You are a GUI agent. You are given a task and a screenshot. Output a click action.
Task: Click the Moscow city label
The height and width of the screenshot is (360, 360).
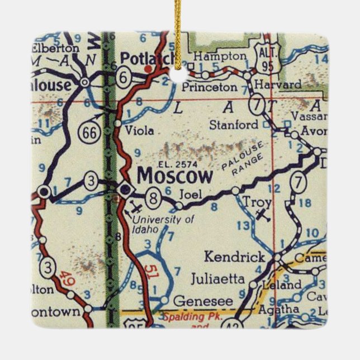tap(175, 177)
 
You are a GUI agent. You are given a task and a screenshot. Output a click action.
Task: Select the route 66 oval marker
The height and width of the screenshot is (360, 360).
tap(88, 132)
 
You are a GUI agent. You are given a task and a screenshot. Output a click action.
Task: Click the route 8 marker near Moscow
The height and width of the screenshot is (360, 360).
tap(151, 197)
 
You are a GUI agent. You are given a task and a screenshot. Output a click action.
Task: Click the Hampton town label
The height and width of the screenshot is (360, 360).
tap(219, 56)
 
